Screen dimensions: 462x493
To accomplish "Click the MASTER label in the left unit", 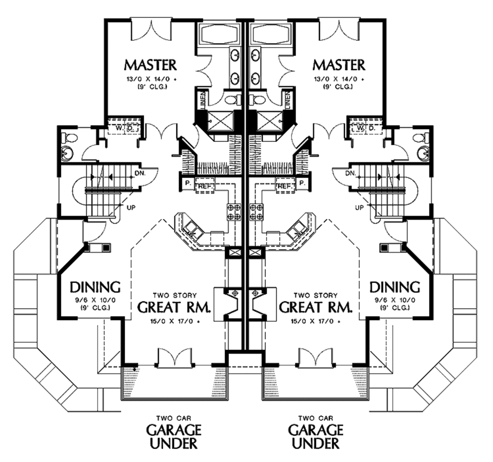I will pos(150,64).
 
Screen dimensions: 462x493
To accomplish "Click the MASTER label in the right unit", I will pos(338,64).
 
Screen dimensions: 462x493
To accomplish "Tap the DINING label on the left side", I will pos(95,287).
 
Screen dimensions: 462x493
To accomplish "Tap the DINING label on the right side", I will pos(394,287).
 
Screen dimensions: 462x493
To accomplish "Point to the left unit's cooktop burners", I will pos(234,212).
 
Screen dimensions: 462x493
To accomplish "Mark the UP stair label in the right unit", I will pos(359,208).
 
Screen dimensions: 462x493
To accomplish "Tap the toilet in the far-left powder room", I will pos(70,139).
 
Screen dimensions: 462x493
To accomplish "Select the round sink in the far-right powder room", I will pos(424,154).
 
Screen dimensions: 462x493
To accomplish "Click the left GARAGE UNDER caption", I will pos(173,435).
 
